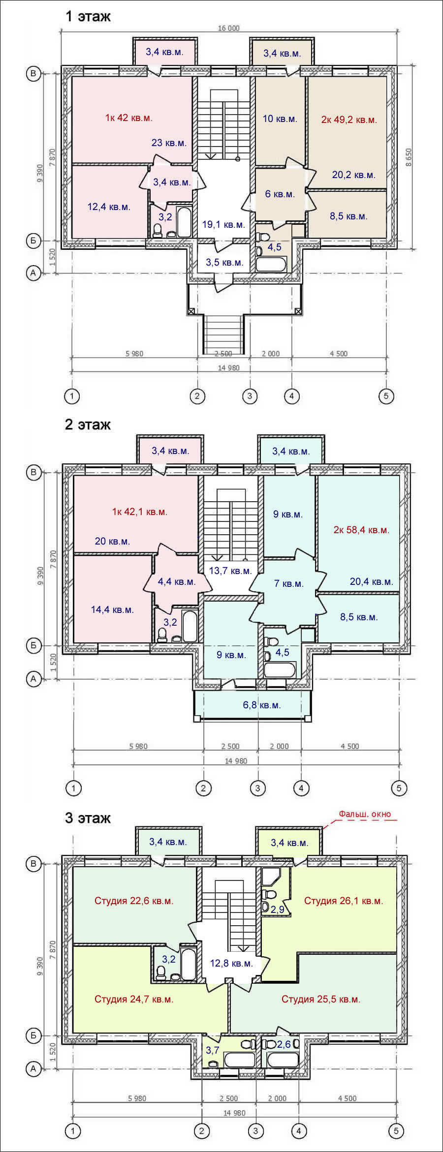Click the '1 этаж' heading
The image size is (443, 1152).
coord(88,16)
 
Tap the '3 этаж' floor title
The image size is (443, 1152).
coord(88,818)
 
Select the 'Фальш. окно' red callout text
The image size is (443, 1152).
coord(365,814)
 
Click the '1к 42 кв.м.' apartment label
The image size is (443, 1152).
coord(128,118)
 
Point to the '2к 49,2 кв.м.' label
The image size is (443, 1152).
coord(349,120)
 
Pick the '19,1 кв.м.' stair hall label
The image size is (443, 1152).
coord(223,225)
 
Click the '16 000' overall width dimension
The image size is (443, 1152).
coord(229,28)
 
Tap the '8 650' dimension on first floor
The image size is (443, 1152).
coord(409,158)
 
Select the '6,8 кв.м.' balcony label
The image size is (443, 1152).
coord(262,705)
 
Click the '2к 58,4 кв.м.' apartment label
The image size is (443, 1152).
coord(361,530)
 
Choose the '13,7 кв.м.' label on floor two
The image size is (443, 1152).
coord(230,571)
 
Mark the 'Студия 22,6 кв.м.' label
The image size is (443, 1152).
coord(134,901)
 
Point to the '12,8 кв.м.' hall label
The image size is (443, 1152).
coord(231,963)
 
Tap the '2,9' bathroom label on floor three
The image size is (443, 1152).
coord(278,909)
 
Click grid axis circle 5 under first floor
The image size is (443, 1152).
coord(386,395)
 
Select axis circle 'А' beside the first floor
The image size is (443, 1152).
coord(33,273)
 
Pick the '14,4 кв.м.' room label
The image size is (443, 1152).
coord(112,609)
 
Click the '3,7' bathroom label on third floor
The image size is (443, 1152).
coord(213,1050)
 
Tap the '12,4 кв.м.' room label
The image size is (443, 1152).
coord(109,207)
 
